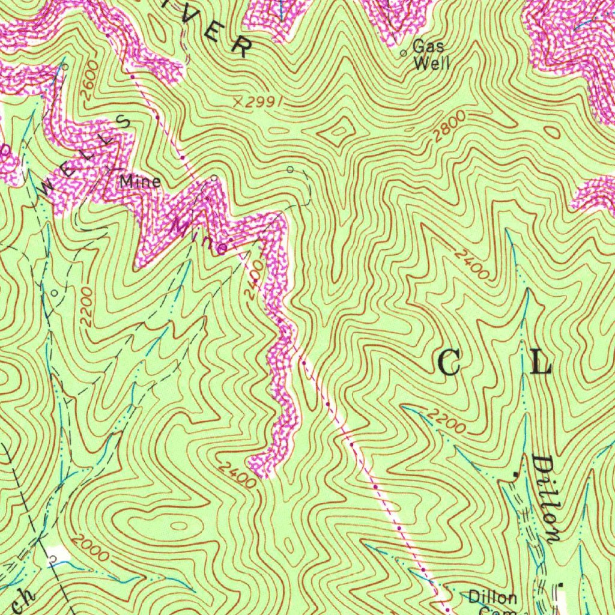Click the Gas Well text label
pos(429,55)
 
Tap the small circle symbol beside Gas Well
pos(404,53)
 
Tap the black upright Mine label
pos(140,181)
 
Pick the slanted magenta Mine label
pos(199,236)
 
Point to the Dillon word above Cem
pos(492,598)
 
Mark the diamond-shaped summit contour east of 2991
pos(338,127)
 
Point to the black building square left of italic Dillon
pos(515,474)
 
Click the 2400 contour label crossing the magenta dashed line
pos(253,278)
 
